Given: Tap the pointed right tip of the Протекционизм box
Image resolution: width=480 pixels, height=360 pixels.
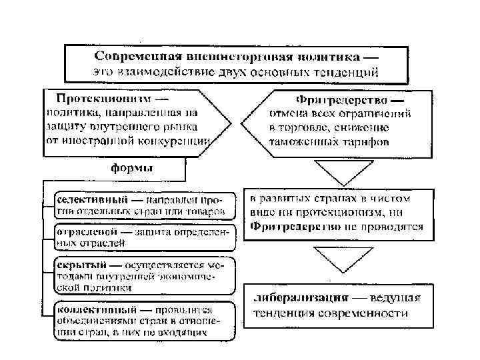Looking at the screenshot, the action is tap(231, 123).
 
